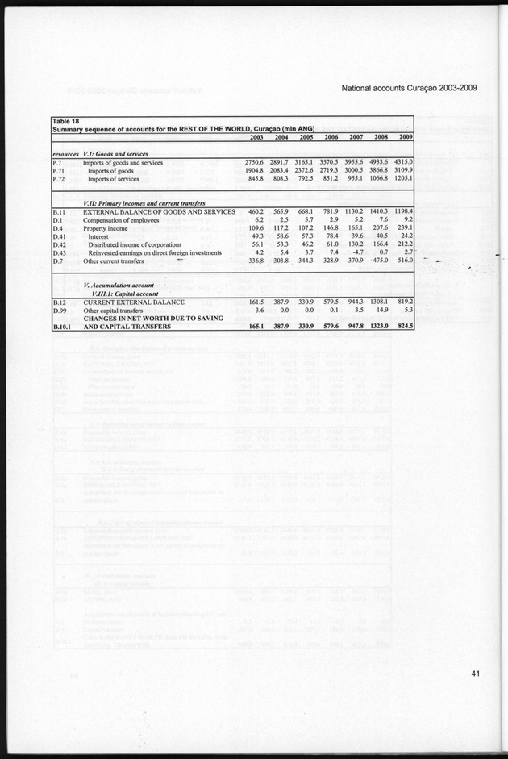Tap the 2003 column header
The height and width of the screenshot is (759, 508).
pos(252,137)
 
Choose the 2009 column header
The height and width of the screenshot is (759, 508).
pos(405,137)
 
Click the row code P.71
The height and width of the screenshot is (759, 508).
pos(60,172)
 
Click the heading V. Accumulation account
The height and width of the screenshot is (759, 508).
pos(121,287)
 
